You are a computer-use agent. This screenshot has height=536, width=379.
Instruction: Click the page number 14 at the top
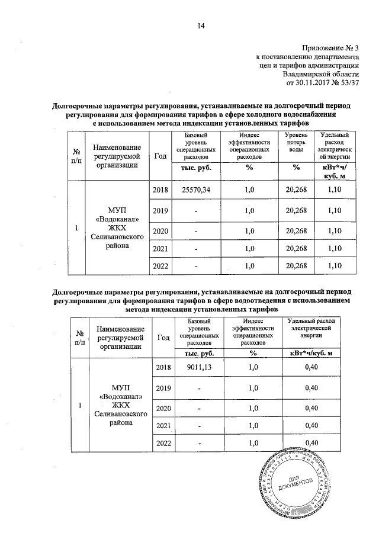[201, 25]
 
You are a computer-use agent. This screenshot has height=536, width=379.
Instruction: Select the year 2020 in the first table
[160, 233]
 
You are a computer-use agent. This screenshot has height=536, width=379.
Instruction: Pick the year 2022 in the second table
[163, 443]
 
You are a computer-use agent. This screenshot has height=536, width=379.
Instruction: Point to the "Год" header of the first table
[160, 155]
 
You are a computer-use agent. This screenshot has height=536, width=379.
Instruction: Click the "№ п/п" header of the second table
[80, 336]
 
